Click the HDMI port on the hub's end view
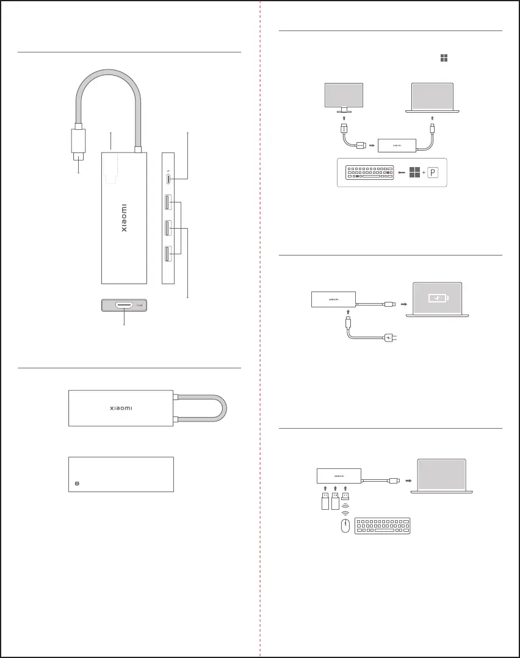tap(125, 304)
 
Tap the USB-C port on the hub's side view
tap(168, 178)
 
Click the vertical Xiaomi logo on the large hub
tap(123, 218)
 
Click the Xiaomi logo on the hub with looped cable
tap(120, 407)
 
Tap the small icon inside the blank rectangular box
tap(77, 483)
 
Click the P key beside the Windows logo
tap(432, 173)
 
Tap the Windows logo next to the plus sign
tap(415, 173)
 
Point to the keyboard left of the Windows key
tap(368, 173)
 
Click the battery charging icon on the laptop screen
tap(438, 298)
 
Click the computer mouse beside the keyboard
tap(345, 527)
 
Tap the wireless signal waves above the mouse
tap(345, 512)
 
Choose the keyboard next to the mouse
tap(382, 527)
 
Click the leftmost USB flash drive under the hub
tap(325, 502)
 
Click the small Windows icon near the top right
tap(444, 57)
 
